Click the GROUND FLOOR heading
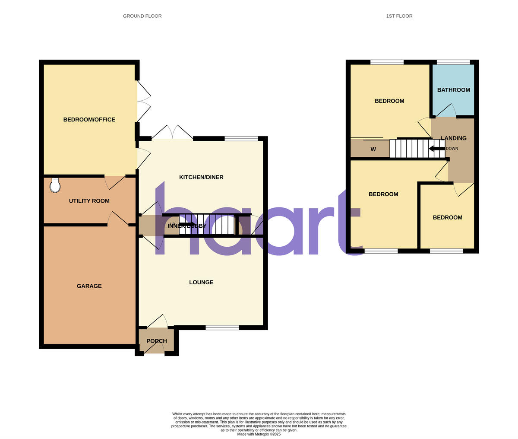pyautogui.click(x=142, y=16)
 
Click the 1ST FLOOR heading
pyautogui.click(x=399, y=16)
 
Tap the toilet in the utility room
pyautogui.click(x=55, y=186)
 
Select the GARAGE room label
pyautogui.click(x=89, y=286)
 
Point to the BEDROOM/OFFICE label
pyautogui.click(x=89, y=120)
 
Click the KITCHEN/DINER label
pyautogui.click(x=201, y=177)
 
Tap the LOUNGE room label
pyautogui.click(x=201, y=282)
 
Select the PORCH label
pyautogui.click(x=157, y=341)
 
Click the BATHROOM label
pyautogui.click(x=453, y=90)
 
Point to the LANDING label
pyautogui.click(x=453, y=138)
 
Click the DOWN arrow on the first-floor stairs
pyautogui.click(x=437, y=149)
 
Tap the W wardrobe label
pyautogui.click(x=373, y=150)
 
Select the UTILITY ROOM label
pyautogui.click(x=89, y=201)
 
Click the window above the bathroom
pyautogui.click(x=453, y=62)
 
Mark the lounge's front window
pyautogui.click(x=222, y=328)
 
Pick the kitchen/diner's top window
pyautogui.click(x=241, y=139)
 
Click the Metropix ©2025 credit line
pyautogui.click(x=259, y=434)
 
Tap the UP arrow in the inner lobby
pyautogui.click(x=186, y=224)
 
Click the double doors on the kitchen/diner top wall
pyautogui.click(x=172, y=132)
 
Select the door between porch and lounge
pyautogui.click(x=157, y=322)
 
